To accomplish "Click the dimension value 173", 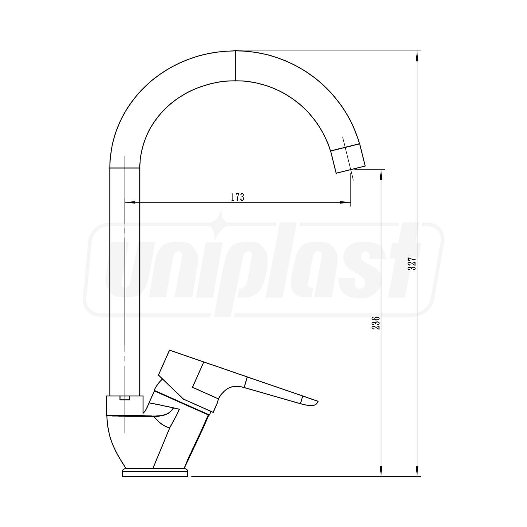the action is pos(237,197).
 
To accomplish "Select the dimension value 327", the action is pos(412,264).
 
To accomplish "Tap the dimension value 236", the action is pos(376,323).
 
